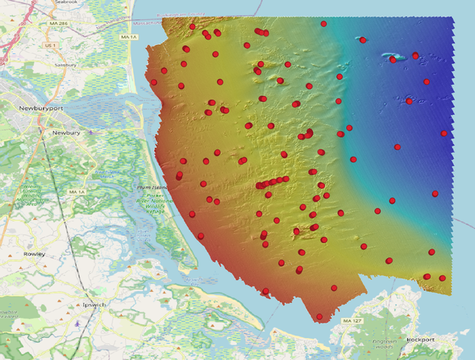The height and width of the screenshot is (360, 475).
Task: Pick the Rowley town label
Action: pos(34,254)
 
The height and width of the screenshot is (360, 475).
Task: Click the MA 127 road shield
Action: pos(352,321)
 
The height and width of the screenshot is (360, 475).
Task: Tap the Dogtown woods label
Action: pos(386,343)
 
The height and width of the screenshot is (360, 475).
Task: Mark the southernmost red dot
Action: pos(319,317)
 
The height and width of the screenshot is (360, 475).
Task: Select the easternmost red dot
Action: pos(444,134)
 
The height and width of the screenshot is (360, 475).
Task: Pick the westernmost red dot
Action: pos(154,81)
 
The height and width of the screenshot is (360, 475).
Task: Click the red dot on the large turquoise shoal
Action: pos(393,59)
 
